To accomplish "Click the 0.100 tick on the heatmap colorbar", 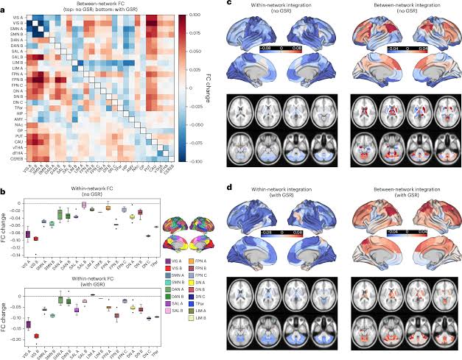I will pos(189,15).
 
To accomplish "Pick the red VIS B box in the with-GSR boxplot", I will pos(35,336).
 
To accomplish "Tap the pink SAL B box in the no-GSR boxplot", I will pos(84,205).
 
